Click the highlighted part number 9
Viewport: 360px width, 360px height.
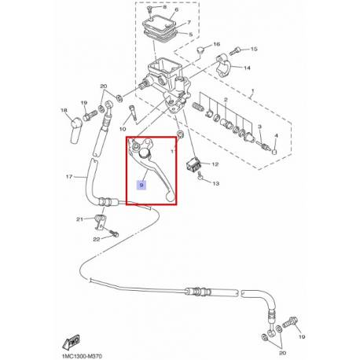point(141,186)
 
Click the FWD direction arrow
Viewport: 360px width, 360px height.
point(71,341)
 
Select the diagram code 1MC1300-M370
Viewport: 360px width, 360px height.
point(82,356)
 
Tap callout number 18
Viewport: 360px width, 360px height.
point(64,110)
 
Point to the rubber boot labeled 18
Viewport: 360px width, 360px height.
point(75,131)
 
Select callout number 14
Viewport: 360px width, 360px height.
point(247,68)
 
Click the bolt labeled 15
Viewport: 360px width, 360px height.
point(235,51)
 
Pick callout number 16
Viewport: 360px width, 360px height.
point(217,44)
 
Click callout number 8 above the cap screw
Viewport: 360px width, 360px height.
point(164,7)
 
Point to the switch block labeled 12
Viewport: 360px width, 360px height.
point(193,164)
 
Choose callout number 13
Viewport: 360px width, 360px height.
point(215,183)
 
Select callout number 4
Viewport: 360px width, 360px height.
point(276,136)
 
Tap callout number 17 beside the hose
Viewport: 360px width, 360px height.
point(69,177)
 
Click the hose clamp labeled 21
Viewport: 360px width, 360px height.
point(99,222)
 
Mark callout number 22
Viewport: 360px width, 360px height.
point(97,239)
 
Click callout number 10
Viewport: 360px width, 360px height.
point(123,129)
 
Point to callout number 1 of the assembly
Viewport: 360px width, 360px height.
point(252,91)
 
